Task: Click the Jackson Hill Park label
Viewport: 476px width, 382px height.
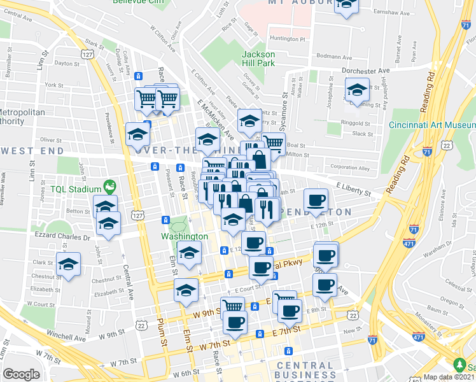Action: [x=258, y=59]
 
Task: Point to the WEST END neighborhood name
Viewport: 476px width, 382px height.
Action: [x=32, y=152]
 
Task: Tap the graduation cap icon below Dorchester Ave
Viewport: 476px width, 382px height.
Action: [x=357, y=89]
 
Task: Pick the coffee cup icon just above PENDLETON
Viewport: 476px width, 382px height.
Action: [x=316, y=201]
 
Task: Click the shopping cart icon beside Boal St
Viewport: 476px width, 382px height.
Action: [x=274, y=143]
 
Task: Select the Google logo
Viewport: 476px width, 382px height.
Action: [x=21, y=374]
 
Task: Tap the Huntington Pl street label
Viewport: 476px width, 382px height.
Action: [x=288, y=39]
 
